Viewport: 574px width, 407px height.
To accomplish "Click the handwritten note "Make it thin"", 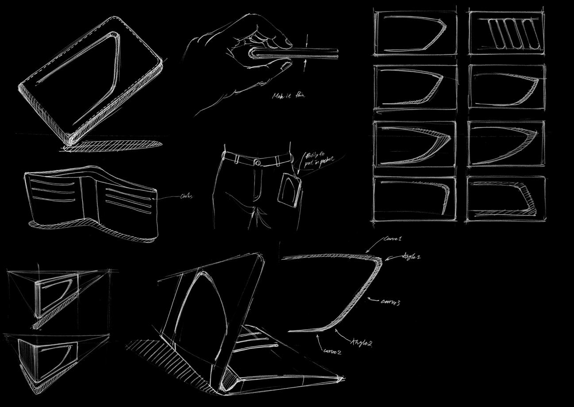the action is (x=289, y=95).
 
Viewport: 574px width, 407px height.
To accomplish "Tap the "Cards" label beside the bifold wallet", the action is (x=186, y=196).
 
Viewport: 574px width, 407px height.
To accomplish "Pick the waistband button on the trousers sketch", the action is (x=258, y=162).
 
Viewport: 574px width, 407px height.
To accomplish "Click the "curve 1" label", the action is (x=393, y=239).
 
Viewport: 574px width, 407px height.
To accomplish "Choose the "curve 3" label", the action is (x=390, y=302).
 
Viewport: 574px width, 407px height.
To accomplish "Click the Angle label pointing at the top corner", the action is (x=411, y=257).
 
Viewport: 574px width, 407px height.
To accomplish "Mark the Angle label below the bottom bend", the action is (x=361, y=342).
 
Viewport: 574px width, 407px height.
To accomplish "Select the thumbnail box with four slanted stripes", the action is (x=507, y=34).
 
